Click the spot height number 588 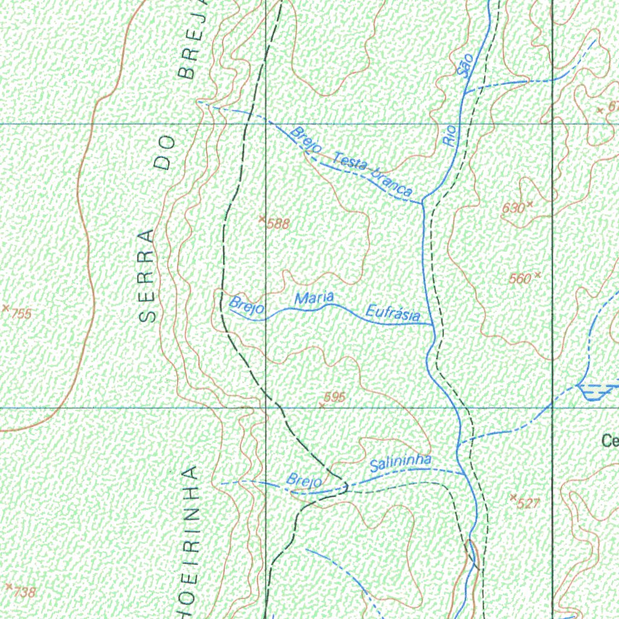point(279,224)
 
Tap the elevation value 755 point(21,314)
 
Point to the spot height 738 point(25,592)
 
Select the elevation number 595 point(334,397)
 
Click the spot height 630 point(513,208)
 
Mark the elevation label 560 point(520,279)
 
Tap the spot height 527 point(528,503)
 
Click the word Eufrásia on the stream point(394,314)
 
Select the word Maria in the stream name point(314,298)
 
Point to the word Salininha point(401,463)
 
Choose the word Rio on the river point(450,137)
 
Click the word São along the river point(465,66)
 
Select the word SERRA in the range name point(148,275)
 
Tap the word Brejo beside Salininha point(304,481)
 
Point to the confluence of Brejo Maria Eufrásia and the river point(432,325)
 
